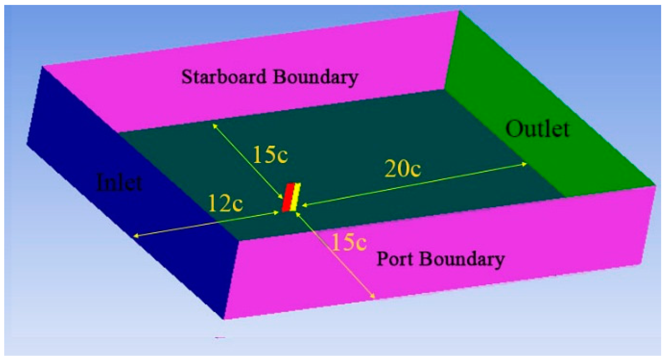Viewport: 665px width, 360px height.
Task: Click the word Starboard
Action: tap(223, 76)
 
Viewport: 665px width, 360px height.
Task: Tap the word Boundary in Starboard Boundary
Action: tap(315, 77)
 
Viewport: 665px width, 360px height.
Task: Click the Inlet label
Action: tap(119, 183)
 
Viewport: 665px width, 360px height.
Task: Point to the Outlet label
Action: tap(537, 129)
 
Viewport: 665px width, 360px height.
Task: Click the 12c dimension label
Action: tap(225, 204)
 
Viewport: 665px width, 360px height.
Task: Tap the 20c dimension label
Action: tap(403, 169)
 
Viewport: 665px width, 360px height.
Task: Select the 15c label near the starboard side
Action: tap(270, 155)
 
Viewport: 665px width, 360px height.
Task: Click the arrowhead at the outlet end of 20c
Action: tap(526, 164)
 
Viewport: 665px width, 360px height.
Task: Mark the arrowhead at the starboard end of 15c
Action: tap(213, 124)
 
